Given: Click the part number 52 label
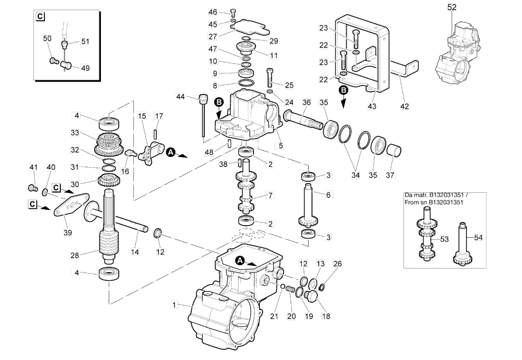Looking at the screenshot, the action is [x=452, y=7].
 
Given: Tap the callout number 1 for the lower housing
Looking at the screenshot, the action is [x=174, y=304].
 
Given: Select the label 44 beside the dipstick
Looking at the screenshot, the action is [x=180, y=97].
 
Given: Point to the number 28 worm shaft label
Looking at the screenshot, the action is [x=74, y=255].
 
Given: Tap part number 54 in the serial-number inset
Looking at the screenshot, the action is [x=478, y=237].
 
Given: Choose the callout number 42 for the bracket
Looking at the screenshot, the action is [x=405, y=106].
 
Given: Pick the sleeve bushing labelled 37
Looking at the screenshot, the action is [x=393, y=151].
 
